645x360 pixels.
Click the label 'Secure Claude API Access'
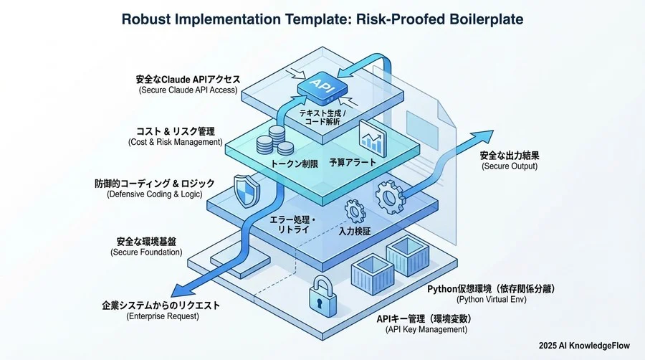(x=188, y=90)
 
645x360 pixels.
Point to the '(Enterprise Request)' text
(x=161, y=316)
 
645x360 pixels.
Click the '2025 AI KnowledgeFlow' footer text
(x=584, y=346)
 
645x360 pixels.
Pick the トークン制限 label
(x=295, y=163)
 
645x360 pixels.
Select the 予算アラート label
(x=353, y=163)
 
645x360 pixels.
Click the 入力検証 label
(x=354, y=231)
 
